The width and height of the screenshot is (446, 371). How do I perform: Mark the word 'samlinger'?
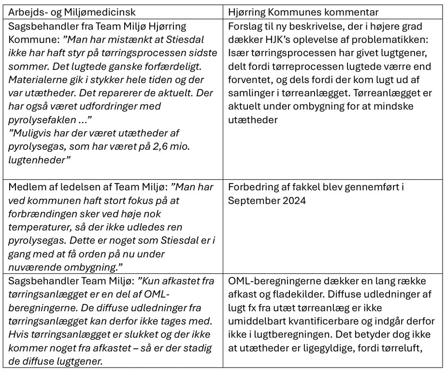tap(251, 93)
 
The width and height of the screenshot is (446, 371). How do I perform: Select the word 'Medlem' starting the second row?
tap(27, 187)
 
